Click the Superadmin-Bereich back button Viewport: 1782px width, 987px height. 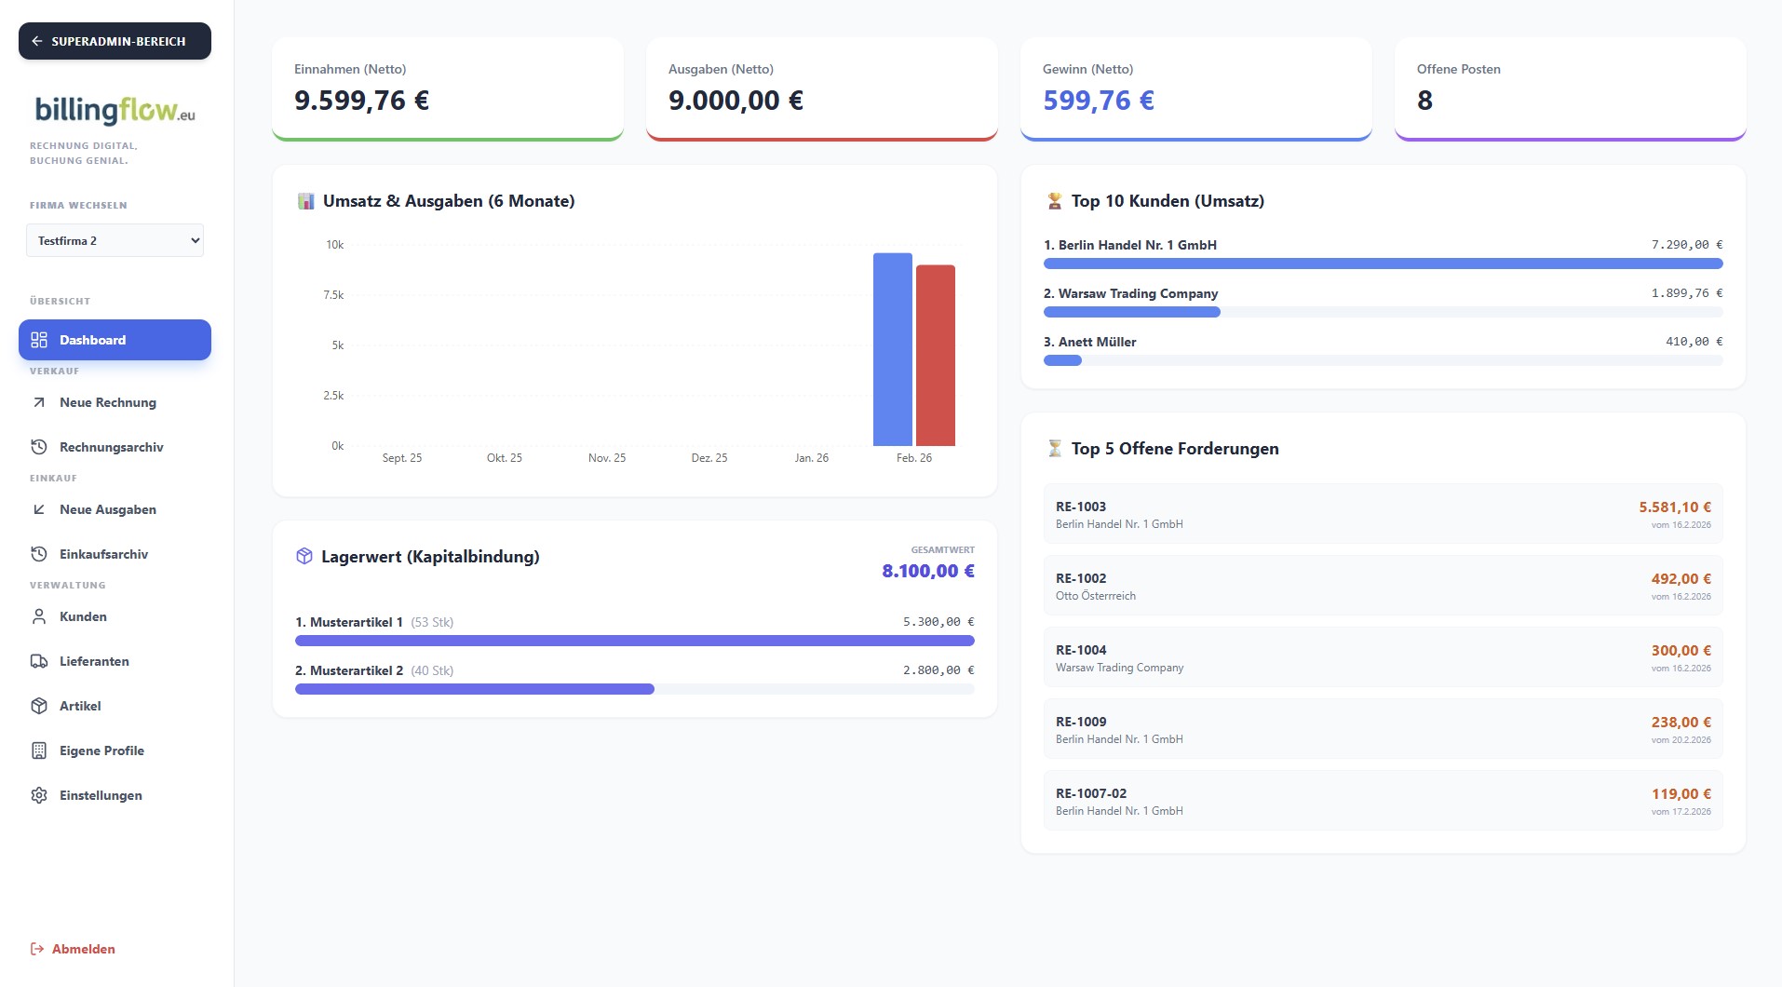click(x=115, y=41)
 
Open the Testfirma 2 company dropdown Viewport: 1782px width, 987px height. click(x=115, y=240)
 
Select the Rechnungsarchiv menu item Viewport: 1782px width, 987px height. click(x=111, y=447)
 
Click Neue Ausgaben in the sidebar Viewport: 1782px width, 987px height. click(x=107, y=509)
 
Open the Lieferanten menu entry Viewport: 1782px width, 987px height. click(x=94, y=661)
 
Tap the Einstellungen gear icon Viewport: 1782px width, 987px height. click(x=39, y=795)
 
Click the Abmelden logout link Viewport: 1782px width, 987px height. click(x=83, y=949)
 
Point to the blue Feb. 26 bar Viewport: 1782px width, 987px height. click(x=892, y=350)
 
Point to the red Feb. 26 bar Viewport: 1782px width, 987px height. click(x=935, y=356)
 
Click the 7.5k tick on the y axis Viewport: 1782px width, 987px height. click(x=333, y=295)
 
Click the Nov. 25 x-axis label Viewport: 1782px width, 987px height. click(x=607, y=458)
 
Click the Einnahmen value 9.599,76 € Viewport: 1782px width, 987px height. click(x=361, y=101)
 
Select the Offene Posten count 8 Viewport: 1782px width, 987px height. click(x=1424, y=101)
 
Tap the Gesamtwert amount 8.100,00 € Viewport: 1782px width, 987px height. click(x=927, y=571)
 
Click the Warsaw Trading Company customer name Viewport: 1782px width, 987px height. click(x=1138, y=293)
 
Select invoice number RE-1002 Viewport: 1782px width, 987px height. click(x=1081, y=578)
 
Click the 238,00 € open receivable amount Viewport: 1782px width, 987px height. click(x=1681, y=723)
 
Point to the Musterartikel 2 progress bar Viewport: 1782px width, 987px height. click(x=475, y=689)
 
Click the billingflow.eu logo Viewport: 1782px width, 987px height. click(x=115, y=111)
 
